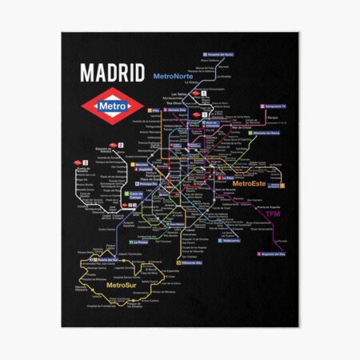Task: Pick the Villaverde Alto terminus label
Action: click(x=185, y=262)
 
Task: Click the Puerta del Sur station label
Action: click(x=106, y=260)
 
